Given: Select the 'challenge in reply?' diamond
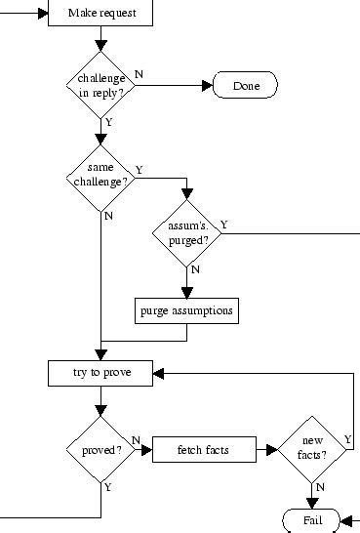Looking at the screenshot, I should (100, 85).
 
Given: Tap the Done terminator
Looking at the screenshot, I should (245, 86).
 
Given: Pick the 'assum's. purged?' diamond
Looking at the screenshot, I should (186, 232).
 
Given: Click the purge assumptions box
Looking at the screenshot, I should (186, 310).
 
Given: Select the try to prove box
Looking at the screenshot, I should (100, 373).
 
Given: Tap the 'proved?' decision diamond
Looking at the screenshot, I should (100, 451).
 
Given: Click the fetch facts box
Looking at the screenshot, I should (203, 451).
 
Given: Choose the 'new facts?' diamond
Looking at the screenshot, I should (311, 451).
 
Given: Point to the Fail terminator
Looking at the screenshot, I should (311, 520).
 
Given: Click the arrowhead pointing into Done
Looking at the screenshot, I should (206, 86).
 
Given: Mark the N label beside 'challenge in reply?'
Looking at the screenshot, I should (138, 74).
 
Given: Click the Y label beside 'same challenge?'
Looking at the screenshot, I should (139, 169).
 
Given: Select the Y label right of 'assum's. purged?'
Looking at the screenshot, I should (224, 225).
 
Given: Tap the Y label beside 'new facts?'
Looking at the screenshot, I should (348, 440).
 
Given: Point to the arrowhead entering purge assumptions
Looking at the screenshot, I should (186, 292).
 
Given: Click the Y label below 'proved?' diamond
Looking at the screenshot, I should (107, 486).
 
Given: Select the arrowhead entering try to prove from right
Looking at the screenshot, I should (159, 373).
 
